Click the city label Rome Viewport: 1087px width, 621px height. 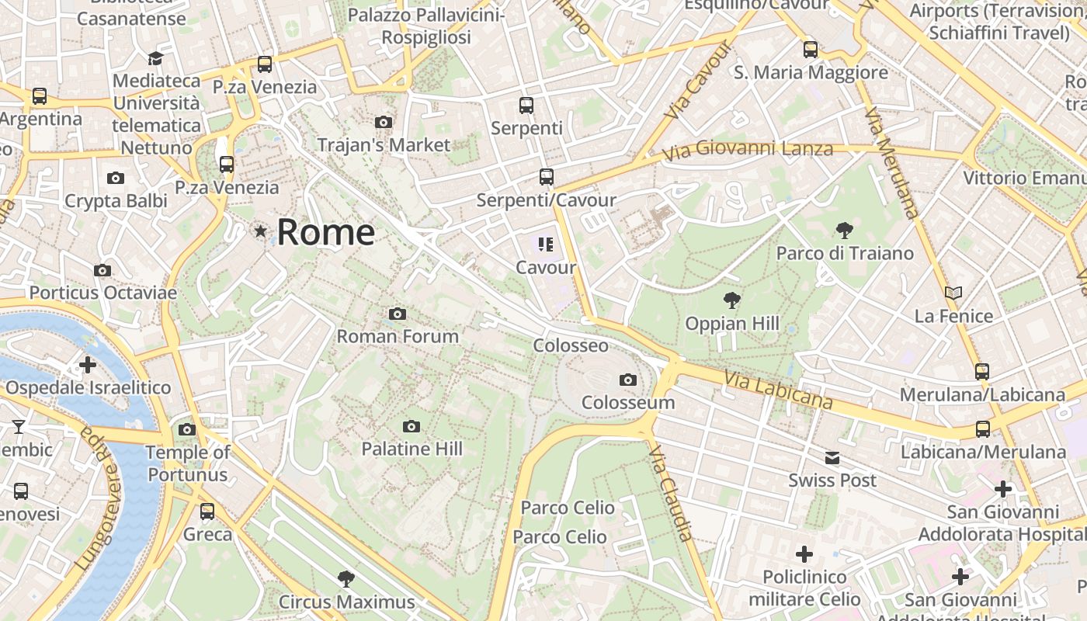click(325, 232)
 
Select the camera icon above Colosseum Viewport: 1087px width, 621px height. click(628, 380)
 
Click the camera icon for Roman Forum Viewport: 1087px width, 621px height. click(398, 314)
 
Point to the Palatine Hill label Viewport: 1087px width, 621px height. click(412, 449)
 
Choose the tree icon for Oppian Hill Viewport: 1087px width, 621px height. click(731, 300)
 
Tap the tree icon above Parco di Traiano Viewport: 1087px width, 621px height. click(845, 230)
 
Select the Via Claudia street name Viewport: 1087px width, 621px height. click(670, 493)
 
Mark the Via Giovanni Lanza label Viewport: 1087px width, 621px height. click(748, 149)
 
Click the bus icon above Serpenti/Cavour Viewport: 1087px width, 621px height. click(547, 177)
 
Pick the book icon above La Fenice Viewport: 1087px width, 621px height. click(953, 293)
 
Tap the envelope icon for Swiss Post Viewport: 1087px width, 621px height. click(832, 457)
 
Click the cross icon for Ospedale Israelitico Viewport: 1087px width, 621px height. click(88, 364)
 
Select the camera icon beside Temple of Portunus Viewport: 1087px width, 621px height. click(187, 429)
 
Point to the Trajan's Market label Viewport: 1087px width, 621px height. click(384, 145)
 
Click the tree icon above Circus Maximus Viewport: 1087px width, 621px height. click(346, 578)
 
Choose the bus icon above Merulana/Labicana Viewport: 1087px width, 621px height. click(982, 371)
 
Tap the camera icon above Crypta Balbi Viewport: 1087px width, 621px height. click(116, 178)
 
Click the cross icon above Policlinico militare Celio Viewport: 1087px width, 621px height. click(804, 554)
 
